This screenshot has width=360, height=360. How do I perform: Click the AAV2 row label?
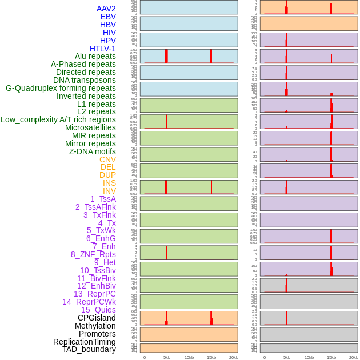(x=106, y=9)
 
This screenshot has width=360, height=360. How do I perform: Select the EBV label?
(x=108, y=17)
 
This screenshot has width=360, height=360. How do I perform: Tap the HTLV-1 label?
(x=103, y=49)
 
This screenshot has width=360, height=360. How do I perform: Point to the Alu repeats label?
(x=95, y=57)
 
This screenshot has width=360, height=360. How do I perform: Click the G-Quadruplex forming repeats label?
(x=61, y=88)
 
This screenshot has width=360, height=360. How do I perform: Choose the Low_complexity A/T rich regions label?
(x=58, y=119)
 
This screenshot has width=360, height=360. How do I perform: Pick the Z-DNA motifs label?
(x=93, y=151)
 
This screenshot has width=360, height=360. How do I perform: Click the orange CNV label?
(x=107, y=159)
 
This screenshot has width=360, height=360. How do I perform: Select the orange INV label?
(x=109, y=191)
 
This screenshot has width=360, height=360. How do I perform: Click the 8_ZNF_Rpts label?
(x=93, y=254)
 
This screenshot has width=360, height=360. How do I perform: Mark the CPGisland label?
(x=97, y=318)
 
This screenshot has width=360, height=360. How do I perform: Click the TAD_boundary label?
(x=89, y=349)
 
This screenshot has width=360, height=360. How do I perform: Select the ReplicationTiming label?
(x=85, y=342)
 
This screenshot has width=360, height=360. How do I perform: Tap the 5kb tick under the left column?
(x=167, y=357)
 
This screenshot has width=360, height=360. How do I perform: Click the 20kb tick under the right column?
(x=354, y=357)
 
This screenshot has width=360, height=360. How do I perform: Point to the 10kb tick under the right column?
(x=309, y=357)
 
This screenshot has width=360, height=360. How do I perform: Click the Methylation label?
(x=95, y=326)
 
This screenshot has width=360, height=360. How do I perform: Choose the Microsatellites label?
(x=90, y=127)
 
